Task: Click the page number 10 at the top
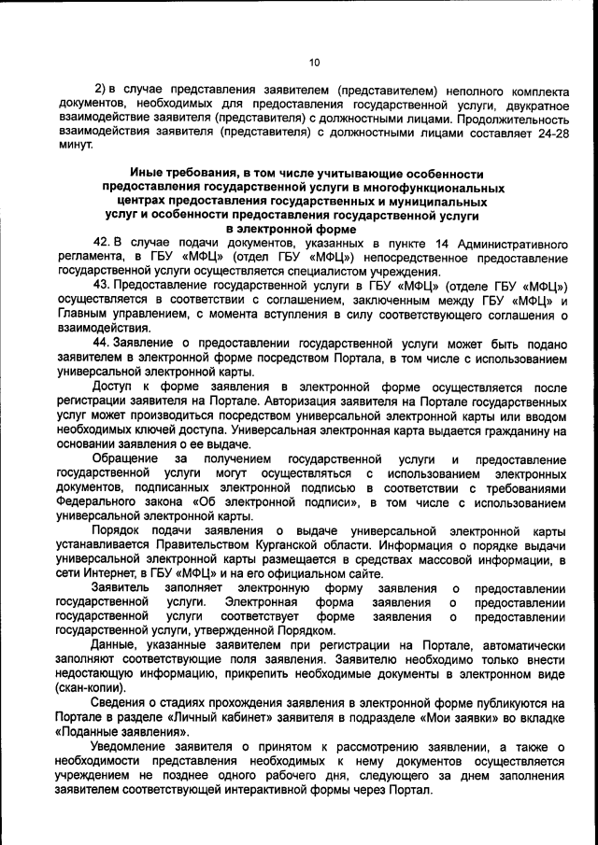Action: click(313, 63)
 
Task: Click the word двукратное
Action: click(532, 107)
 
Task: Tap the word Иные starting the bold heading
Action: click(149, 174)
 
